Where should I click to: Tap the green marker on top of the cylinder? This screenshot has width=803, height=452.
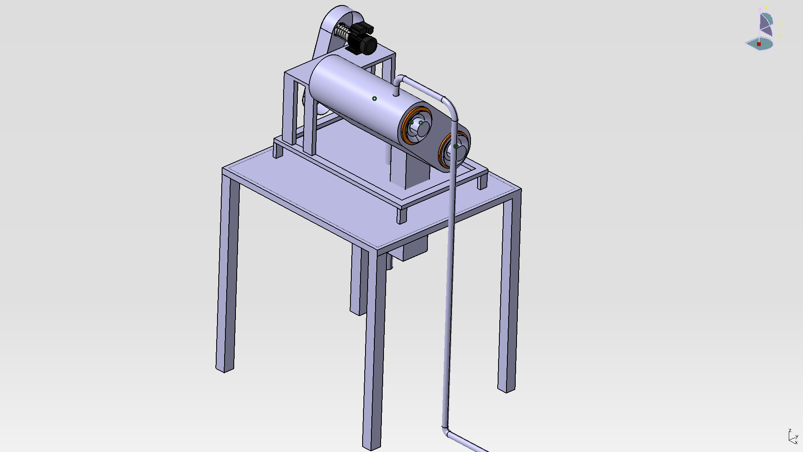click(x=374, y=99)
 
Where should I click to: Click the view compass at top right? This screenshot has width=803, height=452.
click(x=763, y=31)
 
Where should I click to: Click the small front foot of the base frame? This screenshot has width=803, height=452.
click(x=402, y=215)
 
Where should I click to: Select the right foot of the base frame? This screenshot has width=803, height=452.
click(x=482, y=182)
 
